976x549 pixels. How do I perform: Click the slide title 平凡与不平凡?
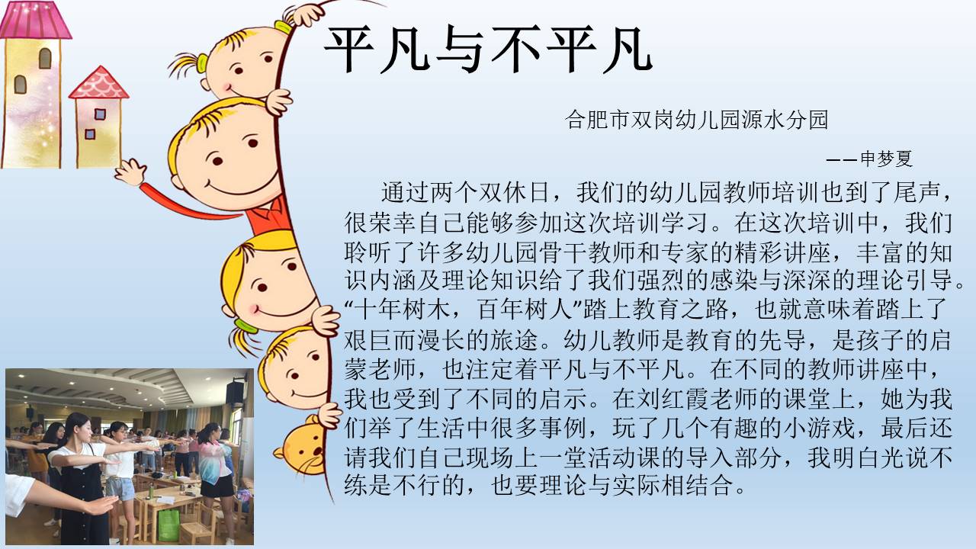point(488,49)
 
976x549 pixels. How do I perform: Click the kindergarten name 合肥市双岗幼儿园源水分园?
point(696,120)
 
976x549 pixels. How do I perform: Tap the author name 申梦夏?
point(886,159)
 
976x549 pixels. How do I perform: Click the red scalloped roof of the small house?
point(99,83)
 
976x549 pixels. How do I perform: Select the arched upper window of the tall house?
point(45,58)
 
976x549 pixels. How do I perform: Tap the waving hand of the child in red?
point(130,172)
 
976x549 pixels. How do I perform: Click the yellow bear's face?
point(303,447)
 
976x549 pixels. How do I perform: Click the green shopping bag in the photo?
point(169,525)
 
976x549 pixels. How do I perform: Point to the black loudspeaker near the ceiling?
point(236,393)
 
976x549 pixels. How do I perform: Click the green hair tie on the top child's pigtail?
point(202,63)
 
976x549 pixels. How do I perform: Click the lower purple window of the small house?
point(90,133)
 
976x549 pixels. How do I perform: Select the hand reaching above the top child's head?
point(304,14)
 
